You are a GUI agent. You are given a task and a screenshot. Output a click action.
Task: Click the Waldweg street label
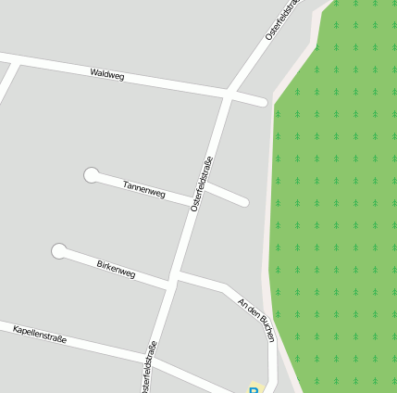click(107, 74)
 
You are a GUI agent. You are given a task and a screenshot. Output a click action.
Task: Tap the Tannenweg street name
click(144, 189)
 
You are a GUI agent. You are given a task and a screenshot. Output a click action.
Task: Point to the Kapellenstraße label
click(40, 335)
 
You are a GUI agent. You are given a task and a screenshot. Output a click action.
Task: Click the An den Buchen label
click(256, 320)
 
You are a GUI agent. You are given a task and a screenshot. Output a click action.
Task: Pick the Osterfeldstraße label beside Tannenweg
click(202, 184)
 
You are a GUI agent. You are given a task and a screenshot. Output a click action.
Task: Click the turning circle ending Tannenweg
click(91, 174)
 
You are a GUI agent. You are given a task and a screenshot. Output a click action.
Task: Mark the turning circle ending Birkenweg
click(59, 250)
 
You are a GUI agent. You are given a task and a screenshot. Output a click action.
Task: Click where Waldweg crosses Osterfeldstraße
click(228, 94)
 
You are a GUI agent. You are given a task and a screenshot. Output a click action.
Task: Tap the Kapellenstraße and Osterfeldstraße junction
click(154, 361)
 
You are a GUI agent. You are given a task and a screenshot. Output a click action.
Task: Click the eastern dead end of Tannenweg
click(245, 202)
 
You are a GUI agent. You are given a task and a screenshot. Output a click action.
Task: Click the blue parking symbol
click(253, 389)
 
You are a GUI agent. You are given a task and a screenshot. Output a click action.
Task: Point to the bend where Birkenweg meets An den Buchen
click(225, 289)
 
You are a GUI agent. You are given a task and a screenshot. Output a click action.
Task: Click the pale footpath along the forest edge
click(273, 232)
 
